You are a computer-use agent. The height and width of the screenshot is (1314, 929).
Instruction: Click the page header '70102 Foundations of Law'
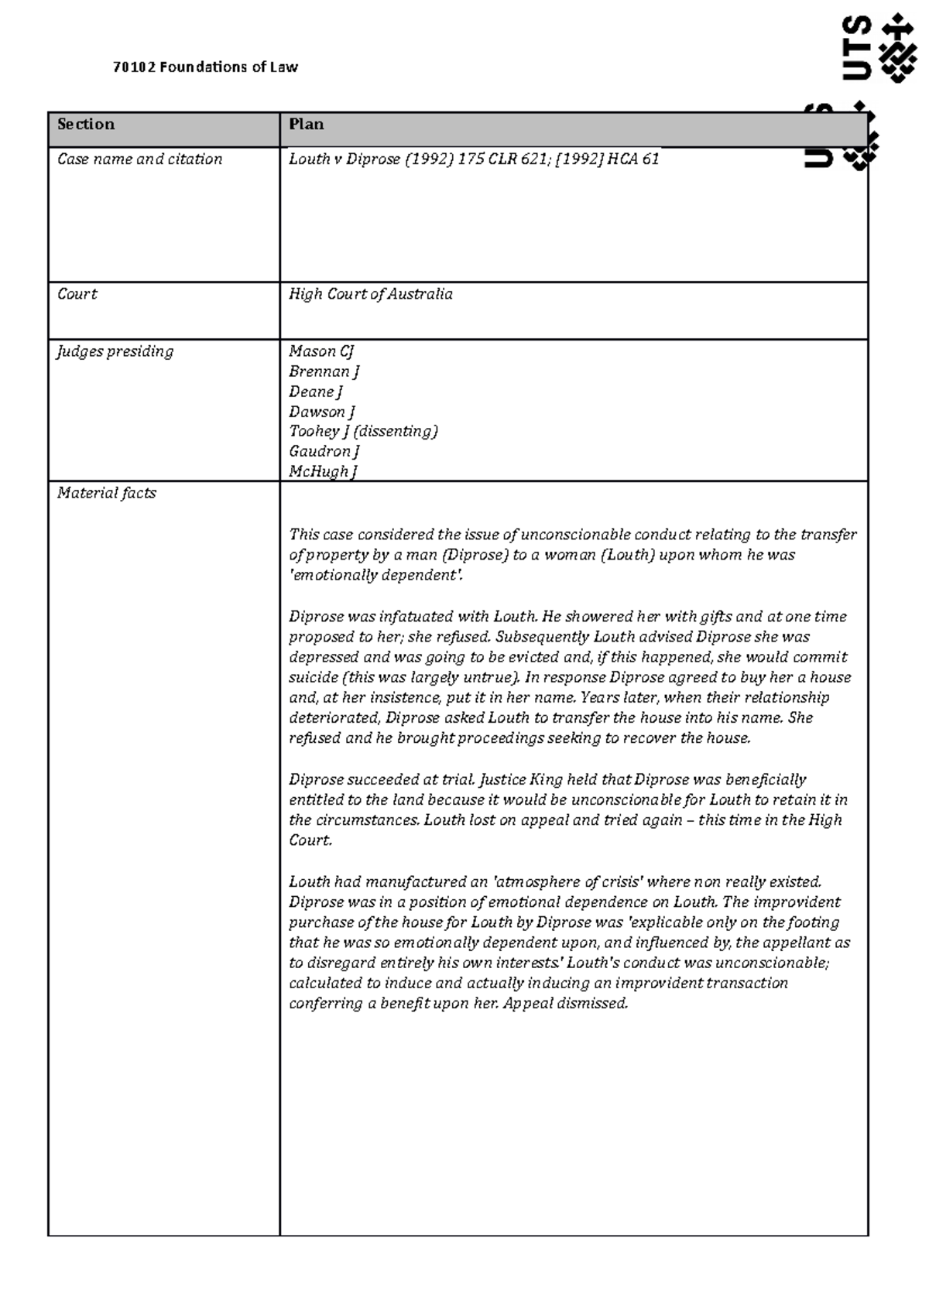205,67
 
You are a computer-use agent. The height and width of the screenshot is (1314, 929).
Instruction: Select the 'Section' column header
86,125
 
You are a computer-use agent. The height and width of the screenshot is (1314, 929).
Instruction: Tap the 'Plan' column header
306,125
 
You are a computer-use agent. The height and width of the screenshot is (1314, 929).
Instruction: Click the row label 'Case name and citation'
139,159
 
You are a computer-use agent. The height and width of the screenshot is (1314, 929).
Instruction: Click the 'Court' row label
77,294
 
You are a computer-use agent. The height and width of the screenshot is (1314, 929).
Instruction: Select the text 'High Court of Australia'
371,294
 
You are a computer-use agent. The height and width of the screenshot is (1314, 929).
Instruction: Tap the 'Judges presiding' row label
115,351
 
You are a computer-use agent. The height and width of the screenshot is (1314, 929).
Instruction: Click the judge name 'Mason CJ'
321,351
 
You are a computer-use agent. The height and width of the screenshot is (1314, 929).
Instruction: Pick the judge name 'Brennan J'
324,371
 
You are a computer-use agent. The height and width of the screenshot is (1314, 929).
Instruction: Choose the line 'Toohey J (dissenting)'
363,431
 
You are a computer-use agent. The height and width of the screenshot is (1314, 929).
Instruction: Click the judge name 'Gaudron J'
324,451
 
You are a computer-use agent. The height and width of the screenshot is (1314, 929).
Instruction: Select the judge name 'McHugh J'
322,471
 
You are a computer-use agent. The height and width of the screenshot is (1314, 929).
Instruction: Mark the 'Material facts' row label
107,493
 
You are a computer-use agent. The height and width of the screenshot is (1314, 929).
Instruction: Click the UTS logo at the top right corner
879,48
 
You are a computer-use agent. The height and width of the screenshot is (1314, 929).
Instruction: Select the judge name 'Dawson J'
321,412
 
